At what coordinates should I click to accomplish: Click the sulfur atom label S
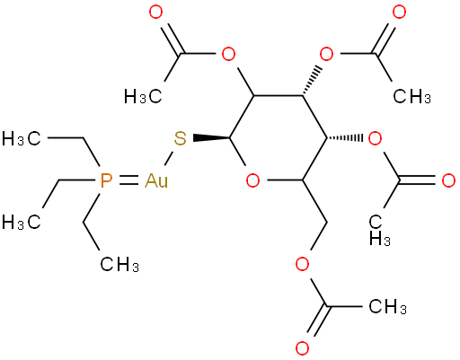tap(180, 139)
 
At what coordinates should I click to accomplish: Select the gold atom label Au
tap(156, 181)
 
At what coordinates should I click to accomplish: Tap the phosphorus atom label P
tap(106, 181)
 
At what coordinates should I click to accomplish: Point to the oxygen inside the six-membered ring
tap(252, 180)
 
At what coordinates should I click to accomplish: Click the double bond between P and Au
tap(129, 181)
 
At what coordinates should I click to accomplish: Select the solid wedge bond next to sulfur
tap(212, 138)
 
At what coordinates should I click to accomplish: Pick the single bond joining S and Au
tap(168, 159)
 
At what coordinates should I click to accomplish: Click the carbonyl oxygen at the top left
tap(156, 13)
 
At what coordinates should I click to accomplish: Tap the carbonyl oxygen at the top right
tap(399, 13)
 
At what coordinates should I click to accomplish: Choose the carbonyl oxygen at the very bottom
tap(302, 348)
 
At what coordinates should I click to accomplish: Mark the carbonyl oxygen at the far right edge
tap(448, 180)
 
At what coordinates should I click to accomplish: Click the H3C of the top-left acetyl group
tap(143, 97)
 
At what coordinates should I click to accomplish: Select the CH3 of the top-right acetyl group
tap(412, 97)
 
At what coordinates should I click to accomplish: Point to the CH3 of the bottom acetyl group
tap(387, 307)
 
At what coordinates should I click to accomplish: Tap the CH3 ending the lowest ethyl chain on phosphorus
tap(119, 265)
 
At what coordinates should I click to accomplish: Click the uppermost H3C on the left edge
tap(21, 139)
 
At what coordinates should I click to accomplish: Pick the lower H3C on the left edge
tap(21, 223)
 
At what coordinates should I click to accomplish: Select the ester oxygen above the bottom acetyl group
tap(302, 265)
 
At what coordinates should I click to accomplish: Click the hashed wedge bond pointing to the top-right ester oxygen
tap(312, 81)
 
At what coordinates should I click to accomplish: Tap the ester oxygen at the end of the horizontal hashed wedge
tap(375, 139)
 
